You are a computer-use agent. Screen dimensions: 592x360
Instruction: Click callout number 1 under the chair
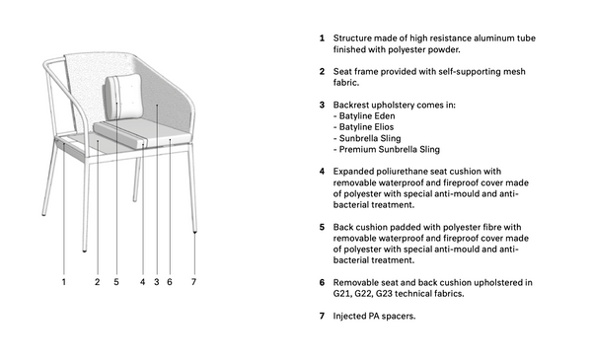[64, 282]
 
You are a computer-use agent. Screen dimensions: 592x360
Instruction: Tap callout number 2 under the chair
[98, 282]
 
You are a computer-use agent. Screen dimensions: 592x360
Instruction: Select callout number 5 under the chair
[116, 282]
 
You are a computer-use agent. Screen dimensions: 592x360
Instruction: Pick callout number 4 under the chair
[142, 282]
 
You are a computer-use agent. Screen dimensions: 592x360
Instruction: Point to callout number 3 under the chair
[157, 282]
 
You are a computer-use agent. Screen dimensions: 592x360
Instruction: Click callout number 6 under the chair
[170, 282]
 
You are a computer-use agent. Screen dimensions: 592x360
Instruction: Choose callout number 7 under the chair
[193, 282]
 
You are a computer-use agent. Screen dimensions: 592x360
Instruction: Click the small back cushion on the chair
[123, 97]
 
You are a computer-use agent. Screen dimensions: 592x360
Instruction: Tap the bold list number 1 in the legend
[322, 38]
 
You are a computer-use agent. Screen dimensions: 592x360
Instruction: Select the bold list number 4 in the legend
[322, 172]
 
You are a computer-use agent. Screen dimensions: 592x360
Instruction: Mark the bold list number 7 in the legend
[322, 316]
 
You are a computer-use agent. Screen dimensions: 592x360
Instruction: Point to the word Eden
[385, 115]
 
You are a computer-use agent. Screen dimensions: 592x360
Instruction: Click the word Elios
[384, 127]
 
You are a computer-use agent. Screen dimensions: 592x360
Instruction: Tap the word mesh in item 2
[515, 71]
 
